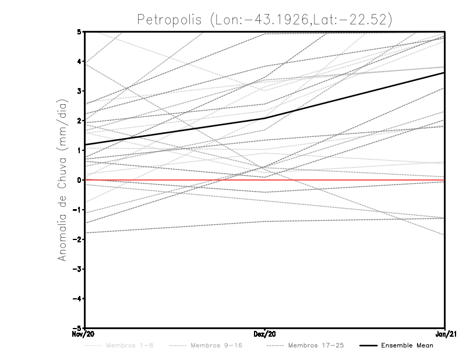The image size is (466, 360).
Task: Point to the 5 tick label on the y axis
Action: point(79,31)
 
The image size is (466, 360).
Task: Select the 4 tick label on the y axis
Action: point(79,61)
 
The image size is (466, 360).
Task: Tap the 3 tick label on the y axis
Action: point(79,91)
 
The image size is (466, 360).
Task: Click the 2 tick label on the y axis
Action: point(79,121)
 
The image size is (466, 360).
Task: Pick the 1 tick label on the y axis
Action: point(79,150)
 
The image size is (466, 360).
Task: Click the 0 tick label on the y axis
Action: point(79,180)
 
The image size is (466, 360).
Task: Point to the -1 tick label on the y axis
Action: point(77,210)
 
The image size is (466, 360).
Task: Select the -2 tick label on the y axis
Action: point(77,239)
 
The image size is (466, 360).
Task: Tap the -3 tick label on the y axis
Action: point(77,269)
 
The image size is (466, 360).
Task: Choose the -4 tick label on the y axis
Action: point(77,299)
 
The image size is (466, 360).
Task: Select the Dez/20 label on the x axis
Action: point(265,334)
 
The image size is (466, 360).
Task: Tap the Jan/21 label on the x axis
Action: point(446,334)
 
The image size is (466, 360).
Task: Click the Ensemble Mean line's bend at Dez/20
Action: point(265,118)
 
